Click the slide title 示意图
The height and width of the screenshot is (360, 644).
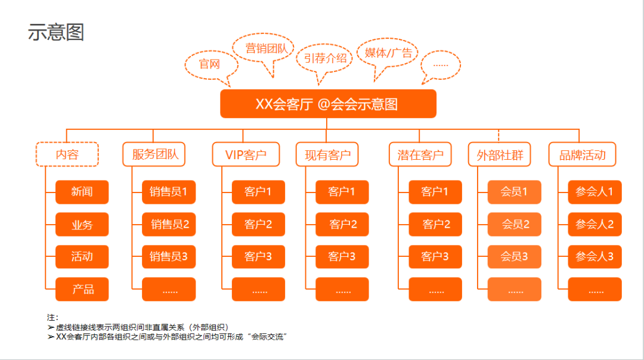click(x=56, y=32)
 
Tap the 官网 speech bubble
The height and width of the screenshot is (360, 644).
click(x=209, y=64)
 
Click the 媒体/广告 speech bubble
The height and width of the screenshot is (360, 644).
click(x=388, y=53)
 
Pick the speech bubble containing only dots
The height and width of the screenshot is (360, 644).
click(x=441, y=64)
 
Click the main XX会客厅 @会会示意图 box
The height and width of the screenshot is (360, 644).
click(x=328, y=104)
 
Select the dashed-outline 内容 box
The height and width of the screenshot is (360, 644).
click(x=67, y=154)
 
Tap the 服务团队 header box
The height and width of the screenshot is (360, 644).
click(x=154, y=154)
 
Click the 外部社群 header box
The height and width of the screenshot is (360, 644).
click(x=500, y=155)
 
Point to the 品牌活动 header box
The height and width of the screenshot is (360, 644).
click(x=583, y=155)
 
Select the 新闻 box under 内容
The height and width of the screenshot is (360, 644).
click(x=82, y=192)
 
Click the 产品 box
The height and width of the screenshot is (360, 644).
click(x=82, y=289)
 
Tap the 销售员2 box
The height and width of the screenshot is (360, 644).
click(x=169, y=224)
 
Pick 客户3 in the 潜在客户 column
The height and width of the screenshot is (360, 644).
click(x=435, y=257)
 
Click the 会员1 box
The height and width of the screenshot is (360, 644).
click(x=514, y=192)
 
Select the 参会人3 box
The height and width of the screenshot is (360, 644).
click(x=595, y=257)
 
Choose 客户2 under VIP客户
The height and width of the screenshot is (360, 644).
click(x=258, y=224)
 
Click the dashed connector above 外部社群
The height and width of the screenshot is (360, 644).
click(x=499, y=135)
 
